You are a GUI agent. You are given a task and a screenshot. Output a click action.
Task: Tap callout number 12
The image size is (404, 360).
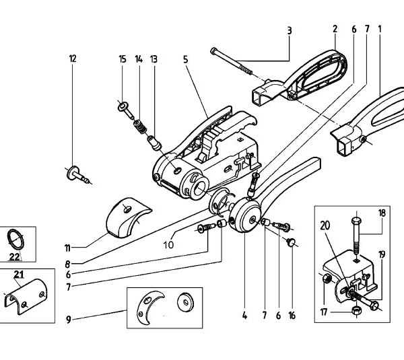tap(73, 59)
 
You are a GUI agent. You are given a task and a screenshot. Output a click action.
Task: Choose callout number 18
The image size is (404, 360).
tap(381, 213)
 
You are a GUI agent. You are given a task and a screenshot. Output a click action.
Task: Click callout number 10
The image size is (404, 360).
tap(168, 245)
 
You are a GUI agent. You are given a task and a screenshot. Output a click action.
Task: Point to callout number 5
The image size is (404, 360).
tap(184, 59)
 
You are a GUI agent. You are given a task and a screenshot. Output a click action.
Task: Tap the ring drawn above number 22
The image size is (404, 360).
tap(16, 238)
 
